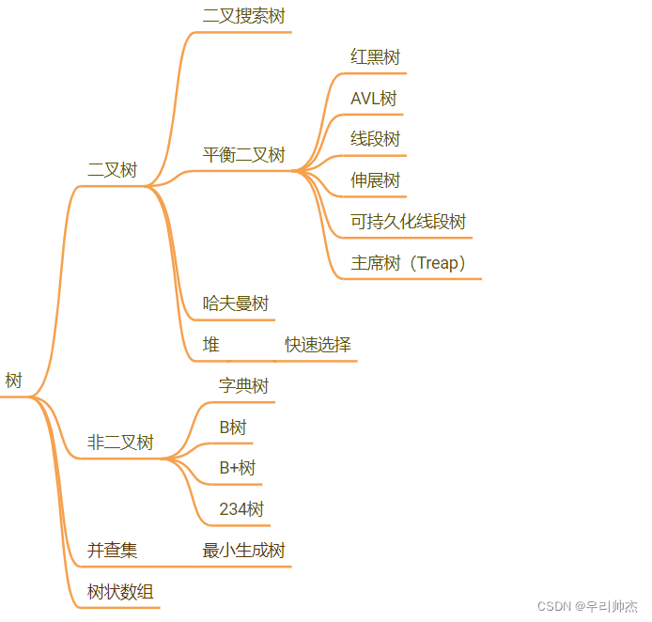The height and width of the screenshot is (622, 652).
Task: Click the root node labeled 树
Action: pyautogui.click(x=13, y=381)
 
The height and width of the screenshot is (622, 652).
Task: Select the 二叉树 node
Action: pyautogui.click(x=112, y=170)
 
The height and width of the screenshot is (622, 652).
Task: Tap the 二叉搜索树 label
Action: pyautogui.click(x=243, y=16)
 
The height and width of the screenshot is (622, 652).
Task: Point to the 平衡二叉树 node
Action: pyautogui.click(x=243, y=155)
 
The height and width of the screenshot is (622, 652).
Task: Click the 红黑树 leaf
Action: pyautogui.click(x=375, y=57)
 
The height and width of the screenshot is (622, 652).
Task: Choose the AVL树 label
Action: pyautogui.click(x=374, y=99)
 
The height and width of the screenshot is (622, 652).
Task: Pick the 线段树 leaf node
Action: pyautogui.click(x=375, y=139)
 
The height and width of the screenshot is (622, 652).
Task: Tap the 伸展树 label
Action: pyautogui.click(x=375, y=179)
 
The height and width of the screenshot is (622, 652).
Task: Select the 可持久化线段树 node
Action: pyautogui.click(x=408, y=222)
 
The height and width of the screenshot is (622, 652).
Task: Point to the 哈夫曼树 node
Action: pyautogui.click(x=236, y=303)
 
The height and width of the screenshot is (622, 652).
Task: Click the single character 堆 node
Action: pyautogui.click(x=211, y=345)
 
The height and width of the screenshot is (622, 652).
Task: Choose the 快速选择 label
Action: pyautogui.click(x=318, y=345)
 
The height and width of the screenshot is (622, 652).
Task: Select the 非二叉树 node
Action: pyautogui.click(x=120, y=443)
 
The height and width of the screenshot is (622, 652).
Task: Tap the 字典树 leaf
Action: pyautogui.click(x=243, y=386)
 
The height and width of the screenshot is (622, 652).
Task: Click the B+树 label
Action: pyautogui.click(x=237, y=468)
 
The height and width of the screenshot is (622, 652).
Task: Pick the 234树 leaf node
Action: pyautogui.click(x=241, y=509)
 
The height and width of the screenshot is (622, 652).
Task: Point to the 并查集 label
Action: pyautogui.click(x=112, y=551)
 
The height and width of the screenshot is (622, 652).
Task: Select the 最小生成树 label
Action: pyautogui.click(x=243, y=551)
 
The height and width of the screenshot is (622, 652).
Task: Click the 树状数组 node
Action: pyautogui.click(x=120, y=592)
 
